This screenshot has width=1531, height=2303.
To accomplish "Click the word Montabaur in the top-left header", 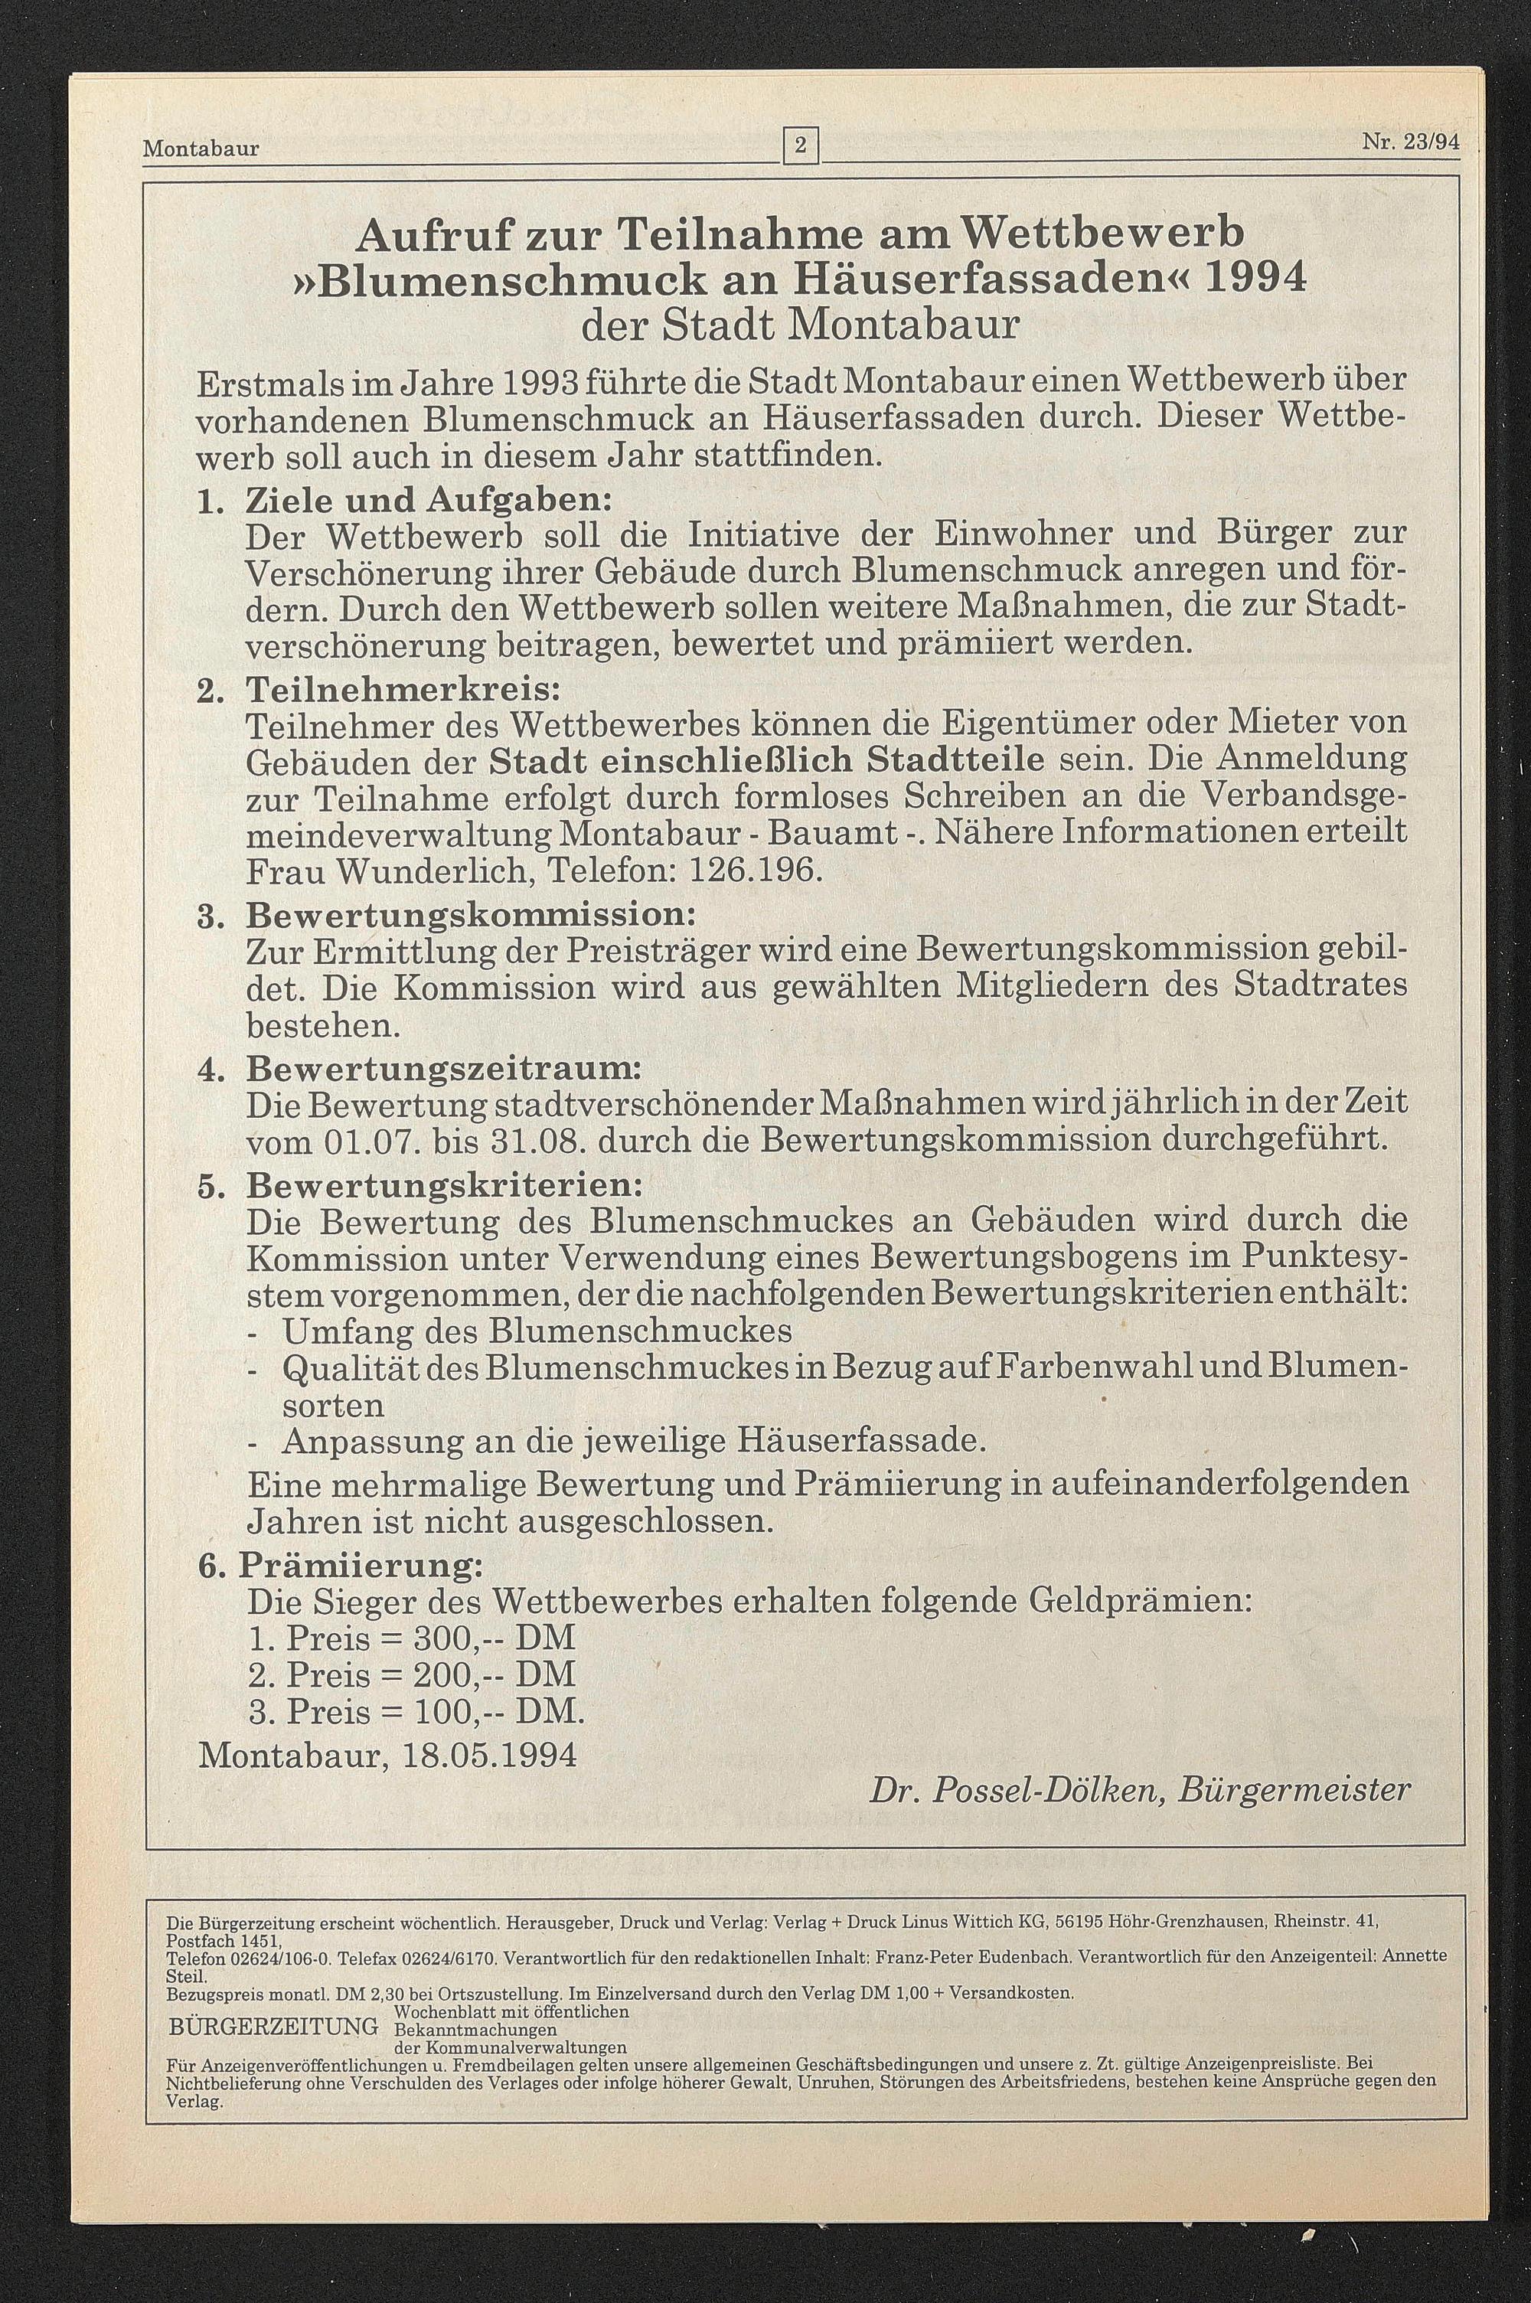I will click(201, 149).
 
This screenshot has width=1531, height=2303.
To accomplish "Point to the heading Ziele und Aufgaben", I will click(428, 500).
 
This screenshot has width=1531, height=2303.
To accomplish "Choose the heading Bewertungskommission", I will click(470, 916).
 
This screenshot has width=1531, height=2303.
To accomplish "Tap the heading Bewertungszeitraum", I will click(443, 1067).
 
